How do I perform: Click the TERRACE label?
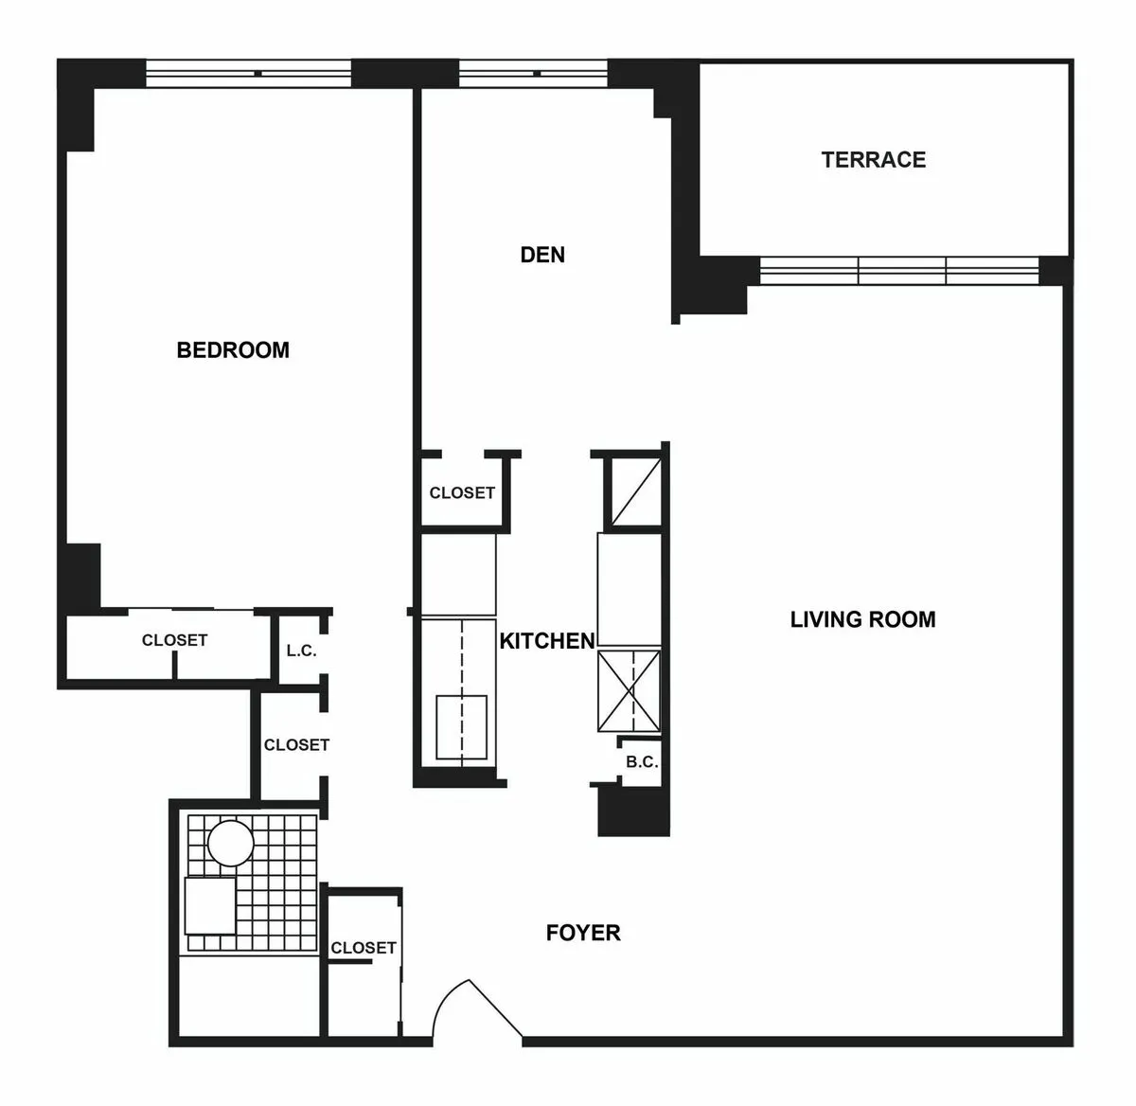(873, 159)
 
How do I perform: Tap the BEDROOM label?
(233, 349)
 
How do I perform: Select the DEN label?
(542, 255)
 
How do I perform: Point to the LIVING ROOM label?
(862, 619)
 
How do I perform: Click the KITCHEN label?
(547, 641)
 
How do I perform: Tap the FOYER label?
(583, 933)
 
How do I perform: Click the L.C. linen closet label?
(301, 651)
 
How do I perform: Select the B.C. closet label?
(642, 762)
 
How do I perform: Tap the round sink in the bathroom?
(231, 843)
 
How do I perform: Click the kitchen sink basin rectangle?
(461, 726)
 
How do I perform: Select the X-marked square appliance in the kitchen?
(629, 691)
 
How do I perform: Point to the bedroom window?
(249, 73)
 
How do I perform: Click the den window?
(532, 73)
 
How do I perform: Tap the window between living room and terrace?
(899, 270)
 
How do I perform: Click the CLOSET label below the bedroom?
(174, 640)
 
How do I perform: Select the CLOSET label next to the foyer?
(364, 948)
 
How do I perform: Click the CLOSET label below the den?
(462, 492)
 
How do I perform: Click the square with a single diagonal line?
(633, 490)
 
